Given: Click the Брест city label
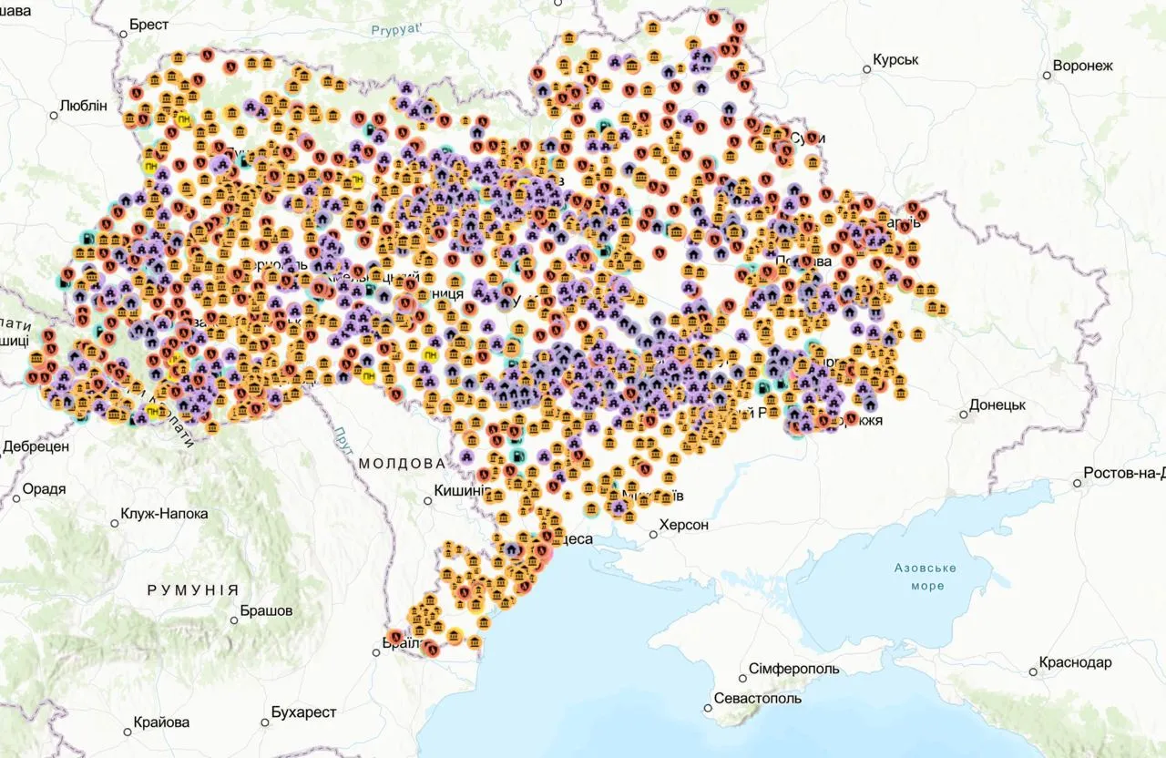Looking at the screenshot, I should pyautogui.click(x=148, y=26).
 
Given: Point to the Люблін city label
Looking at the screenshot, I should pyautogui.click(x=83, y=106).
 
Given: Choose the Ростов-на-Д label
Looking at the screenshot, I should pyautogui.click(x=1123, y=474).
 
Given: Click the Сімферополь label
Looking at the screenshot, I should pyautogui.click(x=793, y=670).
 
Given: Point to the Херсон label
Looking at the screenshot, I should pyautogui.click(x=683, y=526).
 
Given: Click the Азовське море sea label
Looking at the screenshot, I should pyautogui.click(x=925, y=577).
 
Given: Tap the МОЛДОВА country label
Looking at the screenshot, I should pyautogui.click(x=402, y=464).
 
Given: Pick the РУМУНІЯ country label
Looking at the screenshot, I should pyautogui.click(x=192, y=590).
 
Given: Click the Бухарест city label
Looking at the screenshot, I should pyautogui.click(x=303, y=712).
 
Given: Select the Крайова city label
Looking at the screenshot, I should pyautogui.click(x=161, y=722).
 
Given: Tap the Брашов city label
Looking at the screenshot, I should pyautogui.click(x=266, y=611).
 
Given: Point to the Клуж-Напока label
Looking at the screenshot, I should pyautogui.click(x=165, y=515).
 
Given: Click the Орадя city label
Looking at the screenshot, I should pyautogui.click(x=44, y=490).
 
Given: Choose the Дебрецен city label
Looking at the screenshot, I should pyautogui.click(x=36, y=447).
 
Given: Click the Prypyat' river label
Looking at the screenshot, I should pyautogui.click(x=397, y=31).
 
